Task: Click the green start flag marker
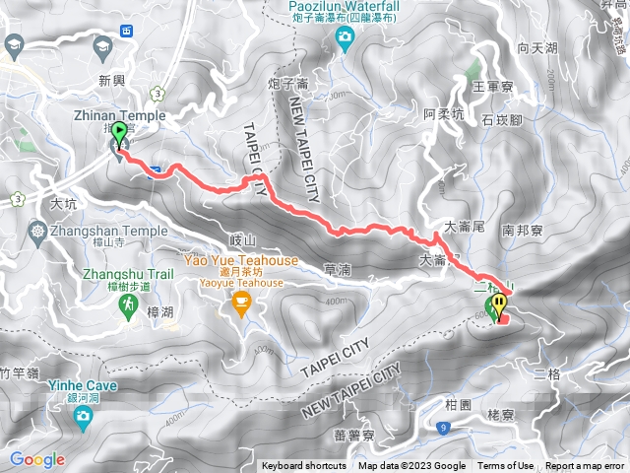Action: [x=120, y=132]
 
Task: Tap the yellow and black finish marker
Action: [x=500, y=304]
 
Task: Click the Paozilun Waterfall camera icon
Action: [x=345, y=38]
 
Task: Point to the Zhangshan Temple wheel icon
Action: [x=37, y=232]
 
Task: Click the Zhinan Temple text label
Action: [x=113, y=115]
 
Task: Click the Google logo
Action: [x=37, y=459]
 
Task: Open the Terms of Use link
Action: [x=506, y=466]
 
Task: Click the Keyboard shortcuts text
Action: [x=304, y=466]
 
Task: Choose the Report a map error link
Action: [x=587, y=466]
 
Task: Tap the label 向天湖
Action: [x=536, y=47]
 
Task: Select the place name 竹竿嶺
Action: [x=19, y=372]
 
